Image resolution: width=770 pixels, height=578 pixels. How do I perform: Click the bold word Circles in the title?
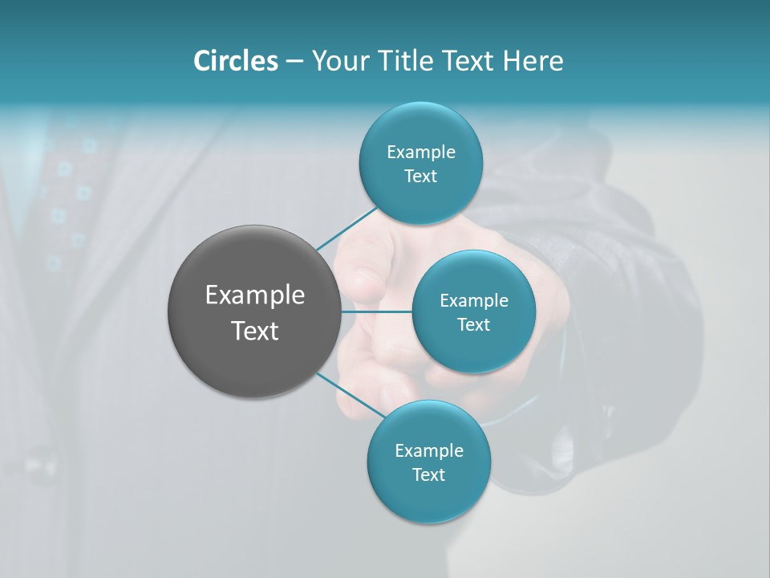(235, 61)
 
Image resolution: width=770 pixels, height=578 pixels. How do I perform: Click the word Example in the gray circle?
(255, 295)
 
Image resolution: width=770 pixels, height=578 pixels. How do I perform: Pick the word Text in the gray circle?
(255, 331)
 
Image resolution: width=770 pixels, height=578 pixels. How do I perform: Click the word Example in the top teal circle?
(421, 153)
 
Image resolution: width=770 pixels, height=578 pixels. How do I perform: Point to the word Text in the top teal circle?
(420, 177)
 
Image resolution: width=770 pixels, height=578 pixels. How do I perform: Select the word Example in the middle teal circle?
(474, 301)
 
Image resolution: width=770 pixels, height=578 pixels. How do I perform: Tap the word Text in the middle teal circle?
(473, 325)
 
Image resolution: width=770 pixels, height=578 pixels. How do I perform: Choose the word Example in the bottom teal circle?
(429, 451)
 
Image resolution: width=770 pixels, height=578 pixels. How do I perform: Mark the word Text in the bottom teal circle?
(428, 475)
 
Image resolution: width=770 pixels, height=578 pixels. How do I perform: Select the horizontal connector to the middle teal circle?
(376, 311)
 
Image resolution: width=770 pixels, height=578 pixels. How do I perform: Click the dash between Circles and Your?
(294, 61)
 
